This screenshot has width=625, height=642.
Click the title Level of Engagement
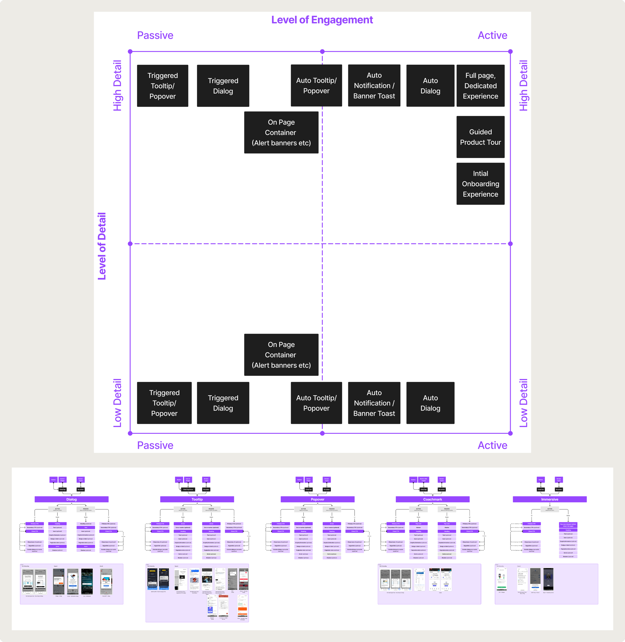point(322,20)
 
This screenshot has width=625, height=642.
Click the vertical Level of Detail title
point(102,246)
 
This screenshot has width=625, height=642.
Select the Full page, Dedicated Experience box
point(480,86)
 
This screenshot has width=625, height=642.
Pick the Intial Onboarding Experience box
point(480,184)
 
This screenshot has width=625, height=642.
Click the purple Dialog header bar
point(71,499)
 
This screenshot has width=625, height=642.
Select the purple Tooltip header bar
point(197,499)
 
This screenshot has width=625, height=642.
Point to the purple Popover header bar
point(317,499)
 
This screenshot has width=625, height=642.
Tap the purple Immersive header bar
point(549,499)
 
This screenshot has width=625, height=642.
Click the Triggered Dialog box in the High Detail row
point(223,86)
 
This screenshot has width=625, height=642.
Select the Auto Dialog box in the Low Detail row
point(430,403)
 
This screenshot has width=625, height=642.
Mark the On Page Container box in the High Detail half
point(281,132)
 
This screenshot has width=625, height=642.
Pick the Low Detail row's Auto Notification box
point(374,403)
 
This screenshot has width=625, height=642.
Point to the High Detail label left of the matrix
point(117,86)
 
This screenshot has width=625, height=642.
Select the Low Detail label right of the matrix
point(523,403)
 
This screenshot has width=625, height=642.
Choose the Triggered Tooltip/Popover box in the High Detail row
point(162,86)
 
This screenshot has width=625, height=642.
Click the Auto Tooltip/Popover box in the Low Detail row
point(316,403)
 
